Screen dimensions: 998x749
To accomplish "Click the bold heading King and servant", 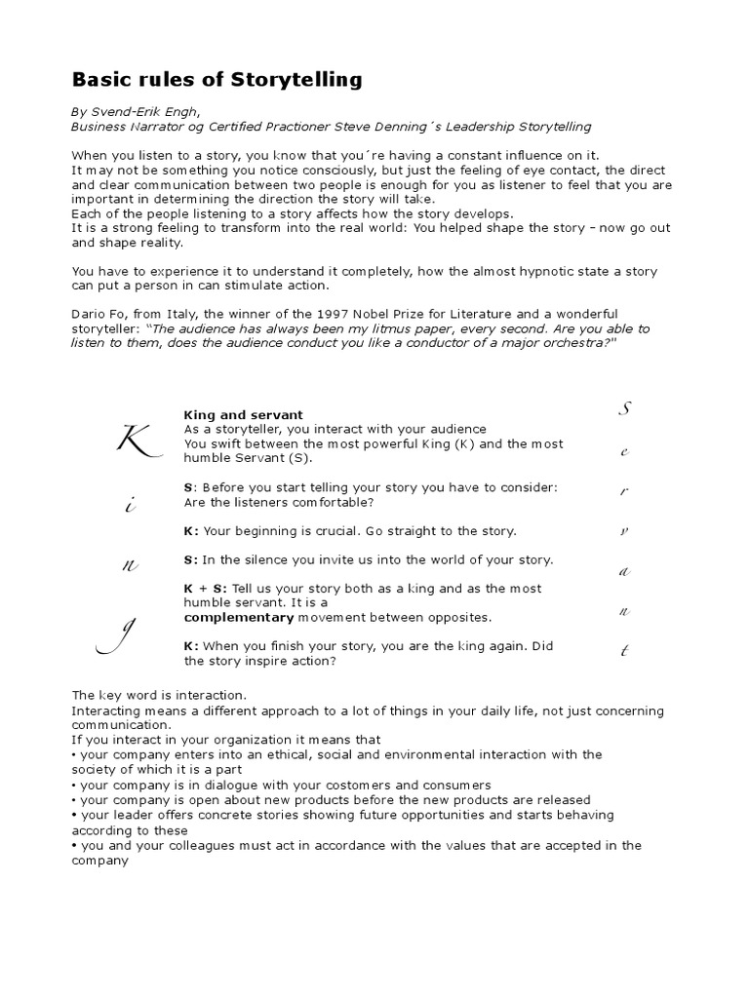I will point(243,415).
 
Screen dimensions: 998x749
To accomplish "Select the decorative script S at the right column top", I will point(625,410).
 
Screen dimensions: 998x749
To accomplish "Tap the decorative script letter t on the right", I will point(624,650).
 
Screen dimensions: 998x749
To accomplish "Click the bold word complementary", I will point(239,617).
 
